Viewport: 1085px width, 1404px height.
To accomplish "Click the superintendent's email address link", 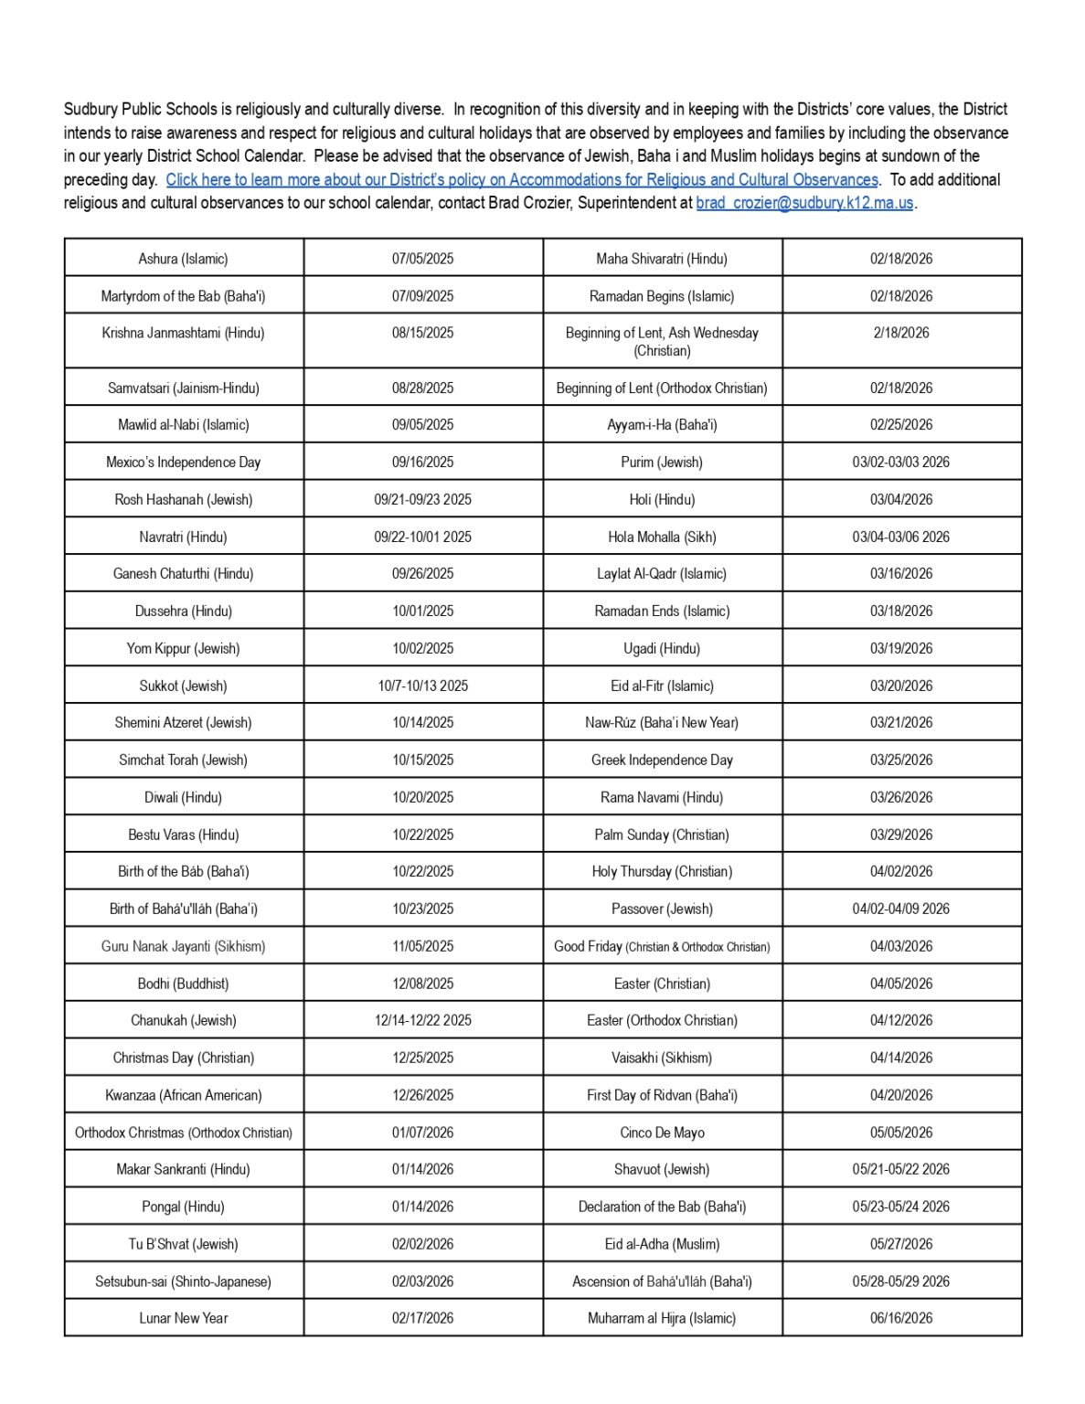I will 804,203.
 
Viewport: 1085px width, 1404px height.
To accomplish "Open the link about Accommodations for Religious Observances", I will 521,180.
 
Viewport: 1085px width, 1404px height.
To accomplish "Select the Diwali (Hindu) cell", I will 184,797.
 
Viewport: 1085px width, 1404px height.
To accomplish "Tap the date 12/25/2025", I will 422,1058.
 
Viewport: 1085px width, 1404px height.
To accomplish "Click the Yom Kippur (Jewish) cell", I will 184,648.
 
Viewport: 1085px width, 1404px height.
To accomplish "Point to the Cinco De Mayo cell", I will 662,1133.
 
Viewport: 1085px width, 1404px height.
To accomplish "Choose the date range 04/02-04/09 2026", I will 900,909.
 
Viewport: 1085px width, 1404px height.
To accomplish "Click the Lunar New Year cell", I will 184,1318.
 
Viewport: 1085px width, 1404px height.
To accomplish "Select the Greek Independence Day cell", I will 662,760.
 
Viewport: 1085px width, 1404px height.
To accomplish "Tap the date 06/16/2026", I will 900,1318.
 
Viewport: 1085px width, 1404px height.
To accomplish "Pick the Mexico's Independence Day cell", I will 184,462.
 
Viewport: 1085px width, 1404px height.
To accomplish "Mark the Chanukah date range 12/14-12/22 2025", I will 422,1020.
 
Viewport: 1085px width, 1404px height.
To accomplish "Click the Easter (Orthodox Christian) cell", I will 662,1020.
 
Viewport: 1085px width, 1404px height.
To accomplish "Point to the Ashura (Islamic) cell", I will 184,259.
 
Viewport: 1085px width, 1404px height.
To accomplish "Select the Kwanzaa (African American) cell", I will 184,1095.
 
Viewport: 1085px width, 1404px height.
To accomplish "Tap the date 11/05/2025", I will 422,946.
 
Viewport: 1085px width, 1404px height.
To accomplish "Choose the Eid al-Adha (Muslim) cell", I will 662,1244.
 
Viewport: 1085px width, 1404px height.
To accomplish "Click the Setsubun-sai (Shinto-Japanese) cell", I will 184,1282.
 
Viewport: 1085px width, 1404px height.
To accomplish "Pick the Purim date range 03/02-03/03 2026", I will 900,462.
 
